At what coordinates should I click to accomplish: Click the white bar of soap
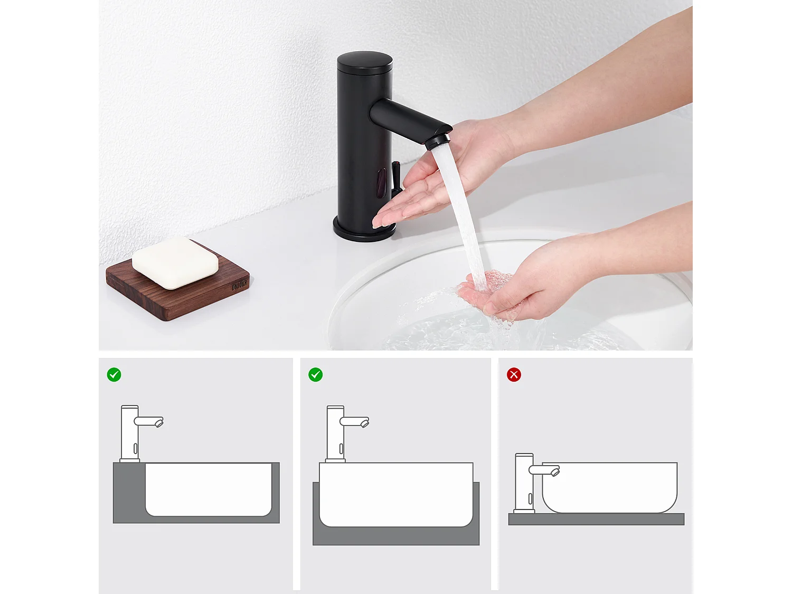tap(175, 262)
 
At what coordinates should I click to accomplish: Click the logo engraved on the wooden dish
tap(239, 286)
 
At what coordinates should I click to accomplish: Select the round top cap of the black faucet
tap(364, 61)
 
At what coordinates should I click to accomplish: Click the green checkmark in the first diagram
tap(114, 375)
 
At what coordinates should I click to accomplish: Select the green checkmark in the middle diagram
tap(316, 375)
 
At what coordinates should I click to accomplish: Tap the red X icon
tap(514, 375)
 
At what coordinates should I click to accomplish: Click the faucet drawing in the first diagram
tap(130, 433)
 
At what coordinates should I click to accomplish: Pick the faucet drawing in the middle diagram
tap(336, 433)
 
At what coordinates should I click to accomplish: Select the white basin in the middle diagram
tap(396, 494)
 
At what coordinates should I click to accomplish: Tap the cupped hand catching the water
tap(507, 296)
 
